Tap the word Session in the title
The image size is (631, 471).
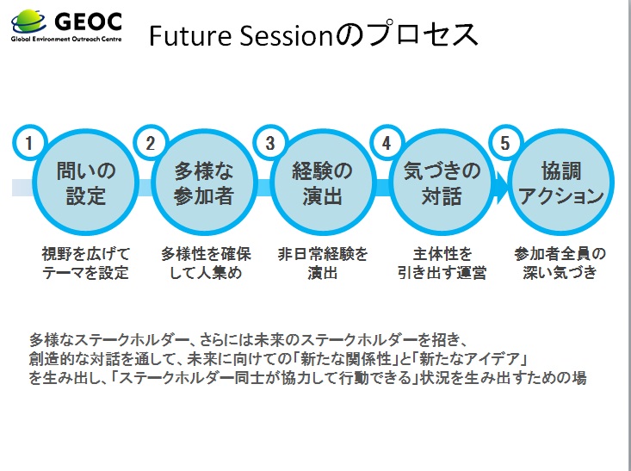tap(285, 35)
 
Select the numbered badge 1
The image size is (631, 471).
tap(29, 143)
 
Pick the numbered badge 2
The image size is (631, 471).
tap(151, 143)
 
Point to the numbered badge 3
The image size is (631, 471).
tap(270, 143)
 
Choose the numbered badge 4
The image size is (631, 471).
tap(387, 143)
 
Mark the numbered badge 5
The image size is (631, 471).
tap(505, 143)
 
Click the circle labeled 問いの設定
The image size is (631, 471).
tap(86, 183)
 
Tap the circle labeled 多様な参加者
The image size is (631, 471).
tap(204, 183)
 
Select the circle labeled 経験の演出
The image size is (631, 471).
tap(322, 183)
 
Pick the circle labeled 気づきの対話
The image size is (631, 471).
tap(442, 183)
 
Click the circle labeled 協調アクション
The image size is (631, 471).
tap(560, 183)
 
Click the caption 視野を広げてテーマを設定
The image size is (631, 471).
tap(86, 263)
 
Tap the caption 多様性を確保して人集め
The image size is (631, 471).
tap(206, 263)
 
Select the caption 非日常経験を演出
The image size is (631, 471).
tap(322, 263)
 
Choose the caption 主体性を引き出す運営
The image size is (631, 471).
tap(442, 263)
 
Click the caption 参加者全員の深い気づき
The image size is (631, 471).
tap(560, 263)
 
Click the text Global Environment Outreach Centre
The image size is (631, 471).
tap(66, 39)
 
